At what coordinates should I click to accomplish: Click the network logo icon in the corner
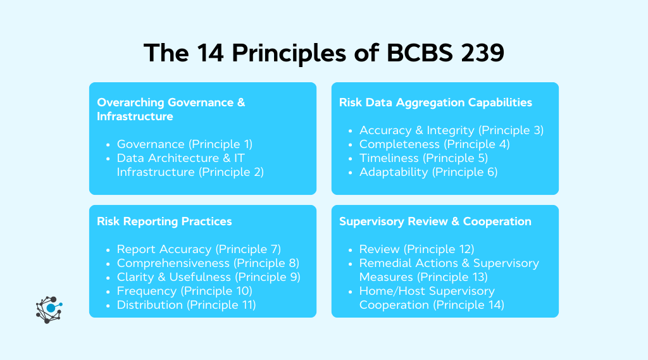click(49, 309)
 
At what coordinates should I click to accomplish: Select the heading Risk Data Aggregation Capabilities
click(435, 102)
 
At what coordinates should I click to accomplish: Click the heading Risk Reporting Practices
click(164, 221)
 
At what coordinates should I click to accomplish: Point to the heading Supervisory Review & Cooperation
click(435, 221)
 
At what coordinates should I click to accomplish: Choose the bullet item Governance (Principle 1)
click(184, 144)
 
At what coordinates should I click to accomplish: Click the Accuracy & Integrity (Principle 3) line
click(451, 130)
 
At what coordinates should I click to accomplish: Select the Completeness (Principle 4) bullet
click(434, 144)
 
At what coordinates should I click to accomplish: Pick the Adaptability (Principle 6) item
click(428, 172)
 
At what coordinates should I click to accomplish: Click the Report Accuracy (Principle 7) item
click(199, 249)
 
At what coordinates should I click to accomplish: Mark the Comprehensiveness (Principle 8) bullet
click(208, 263)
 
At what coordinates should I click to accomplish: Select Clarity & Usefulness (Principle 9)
click(208, 277)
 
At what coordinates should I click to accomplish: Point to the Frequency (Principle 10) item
click(184, 291)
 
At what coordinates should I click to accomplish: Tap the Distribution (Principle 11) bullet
click(186, 305)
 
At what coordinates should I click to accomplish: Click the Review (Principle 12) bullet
click(416, 249)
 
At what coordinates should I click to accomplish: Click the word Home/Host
click(389, 291)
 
